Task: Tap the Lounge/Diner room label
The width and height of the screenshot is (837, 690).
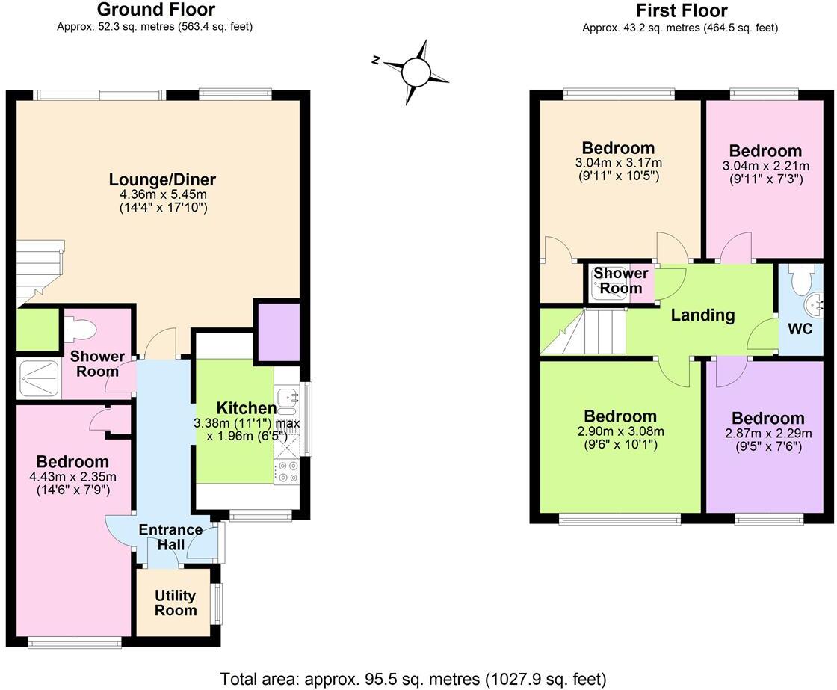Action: click(x=162, y=179)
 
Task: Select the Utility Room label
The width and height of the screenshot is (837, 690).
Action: click(x=176, y=603)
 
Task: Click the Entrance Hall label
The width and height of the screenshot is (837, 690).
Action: click(x=170, y=537)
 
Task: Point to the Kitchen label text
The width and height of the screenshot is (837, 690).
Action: click(x=246, y=408)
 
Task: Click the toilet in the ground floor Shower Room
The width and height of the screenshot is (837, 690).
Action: click(x=79, y=328)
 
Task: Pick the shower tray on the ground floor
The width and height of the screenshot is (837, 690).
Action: click(x=39, y=378)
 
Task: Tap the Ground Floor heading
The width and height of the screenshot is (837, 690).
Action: click(x=156, y=10)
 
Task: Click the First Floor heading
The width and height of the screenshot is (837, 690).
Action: click(x=682, y=10)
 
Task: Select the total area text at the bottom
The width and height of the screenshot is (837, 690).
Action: click(x=413, y=679)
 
